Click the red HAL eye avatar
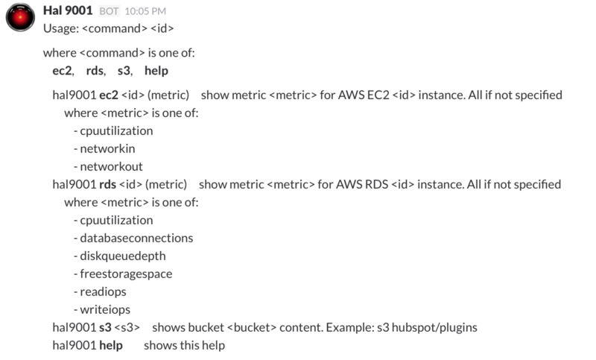(x=20, y=17)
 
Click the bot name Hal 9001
(x=68, y=10)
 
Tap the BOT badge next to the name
(x=109, y=11)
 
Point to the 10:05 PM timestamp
(x=145, y=11)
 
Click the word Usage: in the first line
(x=61, y=29)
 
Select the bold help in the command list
(x=156, y=71)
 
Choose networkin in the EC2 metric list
(x=107, y=148)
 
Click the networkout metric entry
(x=111, y=166)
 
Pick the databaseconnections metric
(x=136, y=238)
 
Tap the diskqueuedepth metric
(x=123, y=256)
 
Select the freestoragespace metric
(x=126, y=274)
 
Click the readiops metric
(x=103, y=292)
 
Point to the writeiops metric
(x=105, y=310)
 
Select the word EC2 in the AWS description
(x=378, y=95)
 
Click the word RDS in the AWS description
(x=377, y=184)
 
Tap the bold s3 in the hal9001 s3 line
(x=105, y=328)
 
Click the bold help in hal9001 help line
(x=111, y=346)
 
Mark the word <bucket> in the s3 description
(x=252, y=328)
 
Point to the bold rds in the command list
(x=95, y=71)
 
